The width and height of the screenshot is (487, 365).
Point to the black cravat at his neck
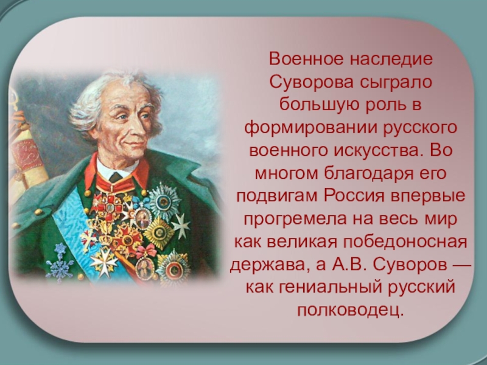pyautogui.click(x=114, y=178)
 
